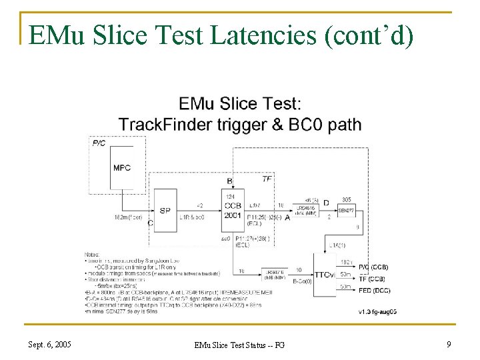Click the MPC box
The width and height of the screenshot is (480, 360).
(x=122, y=168)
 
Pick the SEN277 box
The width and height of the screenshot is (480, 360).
(x=347, y=211)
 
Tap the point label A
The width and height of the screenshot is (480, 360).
(x=287, y=217)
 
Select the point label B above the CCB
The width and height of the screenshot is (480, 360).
(x=230, y=181)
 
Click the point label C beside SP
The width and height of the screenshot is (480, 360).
(x=151, y=224)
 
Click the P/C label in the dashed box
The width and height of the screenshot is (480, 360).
(x=99, y=143)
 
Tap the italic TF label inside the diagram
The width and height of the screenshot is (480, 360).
(x=267, y=179)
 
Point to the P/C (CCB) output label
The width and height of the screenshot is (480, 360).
(x=373, y=267)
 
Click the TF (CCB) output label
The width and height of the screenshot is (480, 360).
(x=373, y=279)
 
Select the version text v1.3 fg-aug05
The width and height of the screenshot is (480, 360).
(x=378, y=311)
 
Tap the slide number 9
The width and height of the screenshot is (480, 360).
(x=448, y=345)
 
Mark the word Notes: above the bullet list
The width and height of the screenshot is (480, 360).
(x=93, y=254)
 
